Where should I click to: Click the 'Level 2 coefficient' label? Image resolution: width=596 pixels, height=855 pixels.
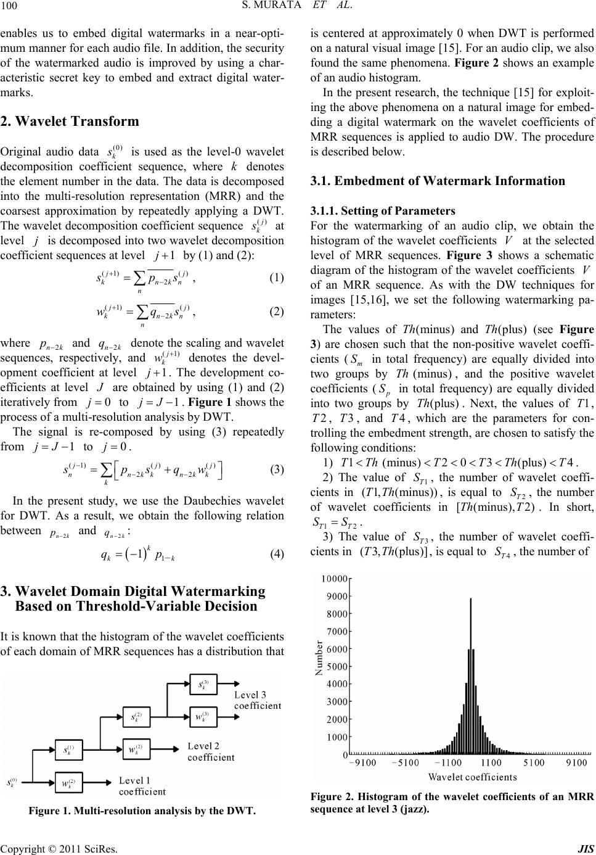(x=211, y=751)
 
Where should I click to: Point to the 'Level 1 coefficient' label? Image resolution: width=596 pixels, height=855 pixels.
(x=142, y=786)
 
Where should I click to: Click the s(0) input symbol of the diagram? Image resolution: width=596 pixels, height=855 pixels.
(x=12, y=783)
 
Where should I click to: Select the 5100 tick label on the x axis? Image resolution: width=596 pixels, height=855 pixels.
(x=542, y=763)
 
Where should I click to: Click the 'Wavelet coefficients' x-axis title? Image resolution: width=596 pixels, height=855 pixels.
(x=472, y=776)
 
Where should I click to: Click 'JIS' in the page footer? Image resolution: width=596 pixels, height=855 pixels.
(x=586, y=848)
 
